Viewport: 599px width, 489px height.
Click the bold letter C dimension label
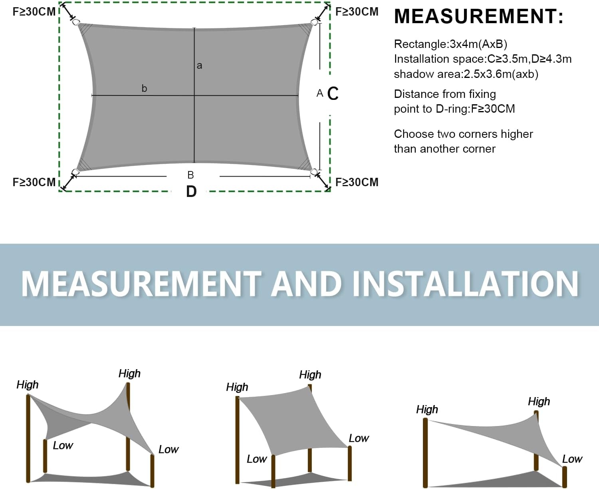[333, 93]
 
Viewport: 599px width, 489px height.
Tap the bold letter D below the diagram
[191, 191]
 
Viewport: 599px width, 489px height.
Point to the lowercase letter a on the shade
[199, 66]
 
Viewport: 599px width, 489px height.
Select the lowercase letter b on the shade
[144, 88]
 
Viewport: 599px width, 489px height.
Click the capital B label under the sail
[190, 175]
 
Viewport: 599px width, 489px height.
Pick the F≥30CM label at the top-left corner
[34, 12]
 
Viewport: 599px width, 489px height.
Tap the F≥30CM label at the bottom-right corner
[357, 182]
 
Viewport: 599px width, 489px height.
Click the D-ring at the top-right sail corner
[314, 22]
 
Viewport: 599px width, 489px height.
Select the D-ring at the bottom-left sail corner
[75, 172]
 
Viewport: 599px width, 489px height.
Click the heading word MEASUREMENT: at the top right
[478, 16]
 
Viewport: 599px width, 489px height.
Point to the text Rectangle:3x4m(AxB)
[450, 44]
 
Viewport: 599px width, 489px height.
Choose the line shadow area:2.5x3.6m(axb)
[466, 74]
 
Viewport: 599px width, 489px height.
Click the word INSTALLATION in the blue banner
[466, 284]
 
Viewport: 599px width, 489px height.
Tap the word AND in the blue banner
[306, 284]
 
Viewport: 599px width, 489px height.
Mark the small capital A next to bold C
[320, 93]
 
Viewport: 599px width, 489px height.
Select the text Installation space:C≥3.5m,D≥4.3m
[483, 59]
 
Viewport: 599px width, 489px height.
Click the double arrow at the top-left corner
[68, 12]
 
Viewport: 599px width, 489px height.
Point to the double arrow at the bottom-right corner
[323, 181]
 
